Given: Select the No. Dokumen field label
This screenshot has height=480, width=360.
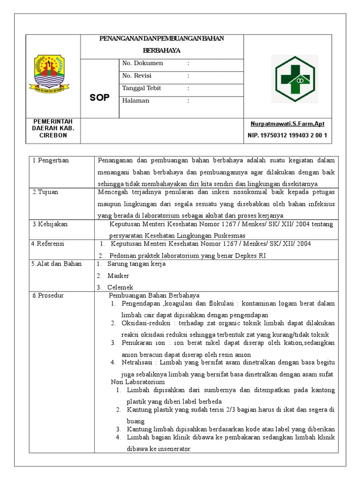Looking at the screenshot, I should point(142,63).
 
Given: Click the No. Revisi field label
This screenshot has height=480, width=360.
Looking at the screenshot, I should point(136,75).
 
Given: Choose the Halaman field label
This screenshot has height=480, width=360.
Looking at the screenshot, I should point(135,100).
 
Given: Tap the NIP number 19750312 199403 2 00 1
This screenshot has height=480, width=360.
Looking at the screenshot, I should point(287,135).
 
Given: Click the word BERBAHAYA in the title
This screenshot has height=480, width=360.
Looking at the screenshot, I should point(162,50).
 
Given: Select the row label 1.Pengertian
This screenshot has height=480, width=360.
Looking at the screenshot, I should point(51,160).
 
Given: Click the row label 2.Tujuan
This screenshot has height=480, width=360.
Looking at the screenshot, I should point(45,192).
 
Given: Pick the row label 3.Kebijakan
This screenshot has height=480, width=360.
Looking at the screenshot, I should point(50,224).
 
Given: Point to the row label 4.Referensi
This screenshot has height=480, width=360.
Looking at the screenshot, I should point(47,244).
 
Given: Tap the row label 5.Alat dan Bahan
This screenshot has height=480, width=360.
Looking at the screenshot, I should point(56,264).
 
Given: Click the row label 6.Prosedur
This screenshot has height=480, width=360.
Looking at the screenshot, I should point(47,296).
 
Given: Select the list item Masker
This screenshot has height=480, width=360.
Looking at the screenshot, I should point(118,276).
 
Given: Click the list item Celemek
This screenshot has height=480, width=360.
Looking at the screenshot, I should point(120,287).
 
